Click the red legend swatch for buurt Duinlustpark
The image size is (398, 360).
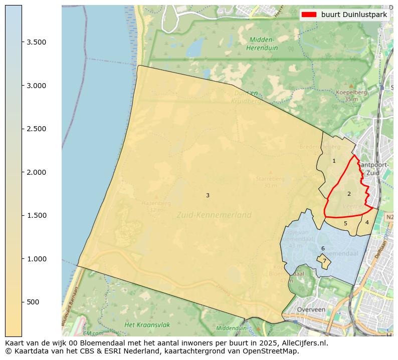tap(309, 15)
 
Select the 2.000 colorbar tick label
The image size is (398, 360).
tap(37, 172)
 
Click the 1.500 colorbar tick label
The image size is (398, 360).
tap(37, 215)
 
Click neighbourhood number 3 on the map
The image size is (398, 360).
tap(208, 195)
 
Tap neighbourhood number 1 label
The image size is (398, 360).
tap(334, 161)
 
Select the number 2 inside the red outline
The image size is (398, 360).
tap(349, 194)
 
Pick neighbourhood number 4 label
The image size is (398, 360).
tap(367, 222)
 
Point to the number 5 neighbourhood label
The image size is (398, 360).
tap(345, 223)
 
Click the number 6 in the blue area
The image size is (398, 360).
tap(323, 248)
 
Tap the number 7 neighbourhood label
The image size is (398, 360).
tap(324, 261)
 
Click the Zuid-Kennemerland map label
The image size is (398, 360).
tap(214, 215)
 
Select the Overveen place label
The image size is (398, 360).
tap(311, 310)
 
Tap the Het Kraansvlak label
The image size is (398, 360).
tap(147, 325)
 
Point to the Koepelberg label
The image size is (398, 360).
tap(351, 92)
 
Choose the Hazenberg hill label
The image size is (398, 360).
tap(156, 203)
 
